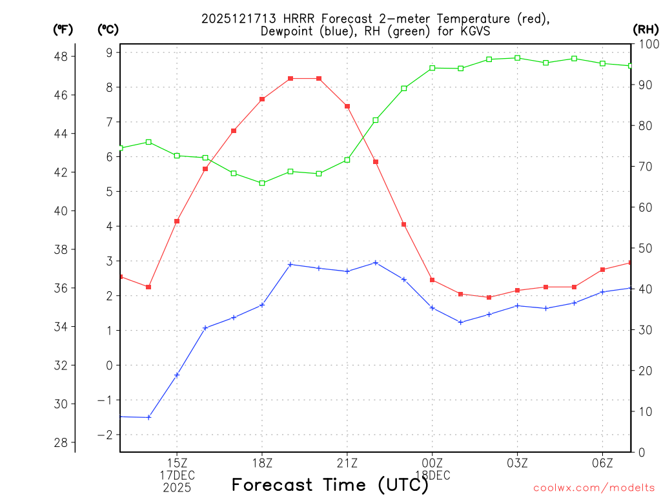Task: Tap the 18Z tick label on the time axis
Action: pos(262,463)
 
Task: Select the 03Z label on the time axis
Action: pos(517,463)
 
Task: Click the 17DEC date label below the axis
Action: pos(177,475)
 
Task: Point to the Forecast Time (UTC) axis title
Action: pos(330,484)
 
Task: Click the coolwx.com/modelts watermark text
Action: pos(594,488)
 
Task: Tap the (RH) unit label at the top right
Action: pos(646,29)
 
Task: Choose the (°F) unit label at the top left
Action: pos(63,29)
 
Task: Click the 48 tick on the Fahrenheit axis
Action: pos(63,56)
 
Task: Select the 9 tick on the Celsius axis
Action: pos(109,52)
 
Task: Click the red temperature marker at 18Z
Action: pos(262,99)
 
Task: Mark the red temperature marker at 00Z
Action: pos(432,280)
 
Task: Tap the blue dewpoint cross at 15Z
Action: pos(177,375)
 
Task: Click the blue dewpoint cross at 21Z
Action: pos(347,271)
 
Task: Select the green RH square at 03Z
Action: pos(517,58)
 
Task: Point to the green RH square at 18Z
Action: pos(262,183)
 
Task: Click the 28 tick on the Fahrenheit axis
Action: pos(63,442)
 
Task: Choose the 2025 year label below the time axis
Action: pos(177,488)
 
